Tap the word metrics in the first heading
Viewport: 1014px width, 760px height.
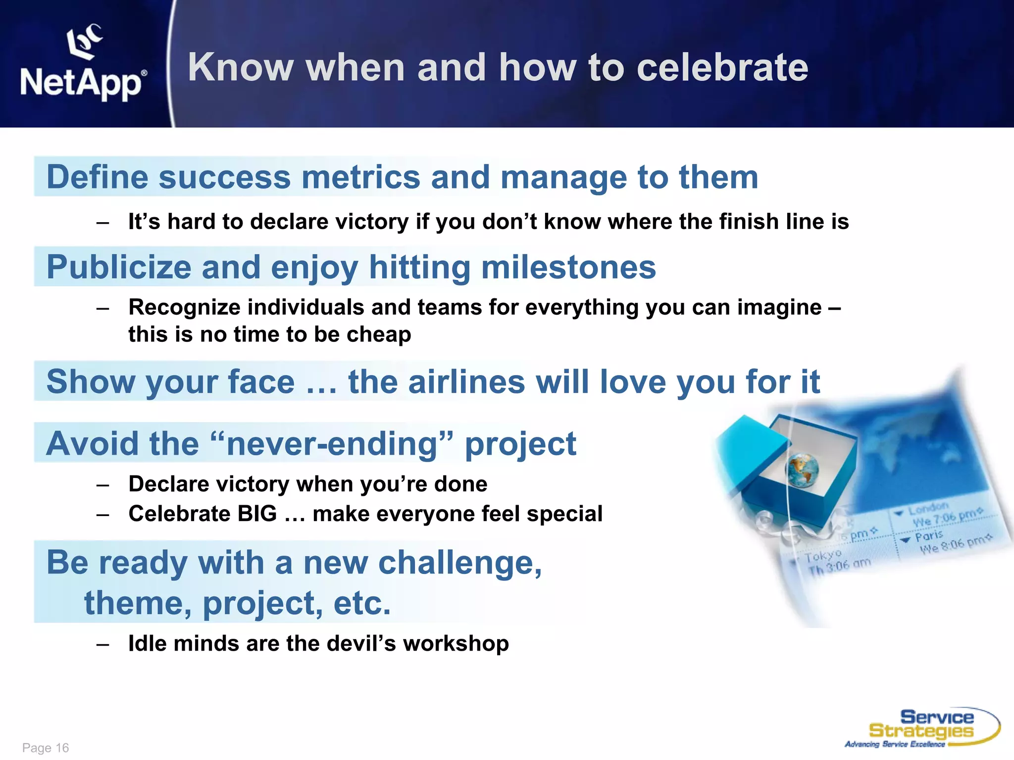tap(360, 177)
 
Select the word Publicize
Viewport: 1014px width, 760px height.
tap(118, 267)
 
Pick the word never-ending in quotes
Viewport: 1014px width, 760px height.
tap(332, 443)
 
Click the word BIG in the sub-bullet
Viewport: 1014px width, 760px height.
tap(257, 514)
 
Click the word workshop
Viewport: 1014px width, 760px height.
tap(456, 644)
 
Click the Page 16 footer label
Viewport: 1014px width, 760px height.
tap(46, 748)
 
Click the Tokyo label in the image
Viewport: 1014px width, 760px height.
tap(822, 557)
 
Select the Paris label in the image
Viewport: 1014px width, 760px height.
tap(928, 536)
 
